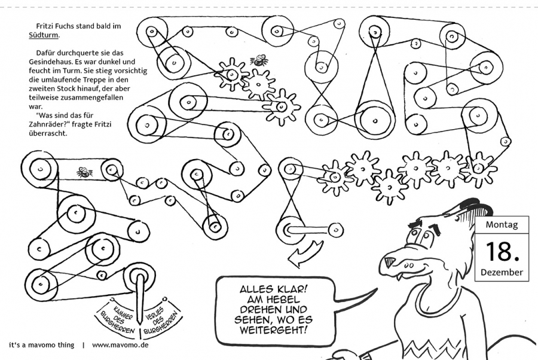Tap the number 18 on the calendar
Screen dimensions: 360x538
click(x=502, y=252)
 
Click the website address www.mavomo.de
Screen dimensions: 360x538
click(x=121, y=346)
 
